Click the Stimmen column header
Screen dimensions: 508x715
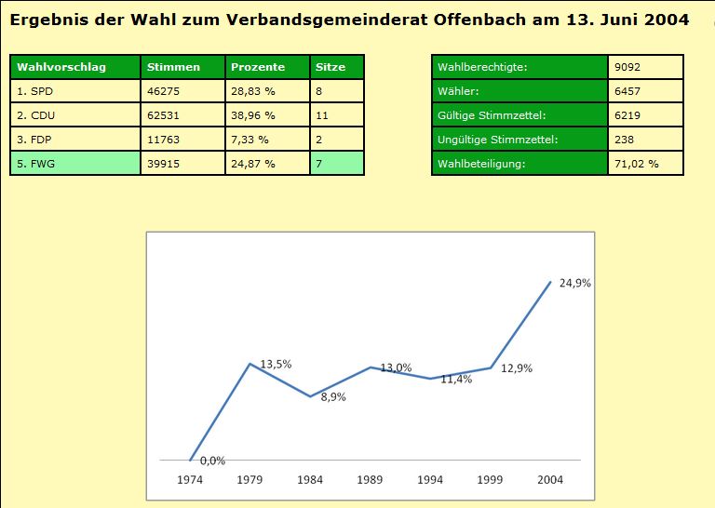[173, 67]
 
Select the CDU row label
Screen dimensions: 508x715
[37, 115]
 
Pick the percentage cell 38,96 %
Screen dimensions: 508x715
[253, 115]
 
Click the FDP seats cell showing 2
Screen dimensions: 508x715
[319, 140]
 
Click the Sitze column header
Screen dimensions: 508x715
[331, 67]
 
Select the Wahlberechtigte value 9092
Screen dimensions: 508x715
[627, 67]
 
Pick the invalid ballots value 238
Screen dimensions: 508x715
[624, 140]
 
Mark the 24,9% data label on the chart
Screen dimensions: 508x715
[575, 284]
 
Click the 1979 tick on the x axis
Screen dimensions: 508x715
[250, 479]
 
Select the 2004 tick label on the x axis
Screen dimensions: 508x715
[550, 479]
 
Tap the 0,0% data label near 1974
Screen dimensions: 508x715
[212, 461]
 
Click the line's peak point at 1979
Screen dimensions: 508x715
[250, 363]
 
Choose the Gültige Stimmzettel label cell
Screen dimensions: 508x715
[491, 115]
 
